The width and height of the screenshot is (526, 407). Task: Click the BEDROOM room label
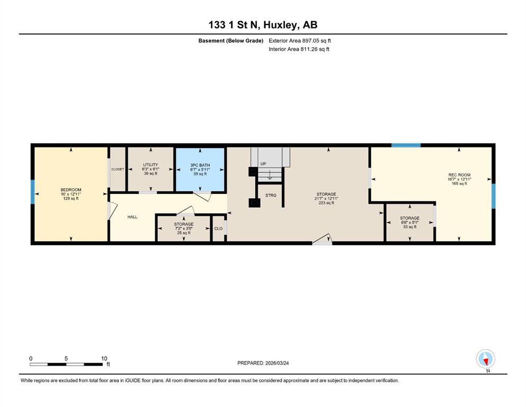(71, 190)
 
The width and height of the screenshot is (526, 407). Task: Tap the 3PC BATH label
(200, 165)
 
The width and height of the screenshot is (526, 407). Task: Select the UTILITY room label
(150, 165)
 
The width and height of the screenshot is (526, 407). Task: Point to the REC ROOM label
(459, 175)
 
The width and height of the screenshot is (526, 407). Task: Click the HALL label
(132, 217)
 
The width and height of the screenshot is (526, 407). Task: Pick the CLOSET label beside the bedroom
(118, 169)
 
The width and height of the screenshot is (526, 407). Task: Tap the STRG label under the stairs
(271, 195)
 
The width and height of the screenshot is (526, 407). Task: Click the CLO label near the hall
(218, 228)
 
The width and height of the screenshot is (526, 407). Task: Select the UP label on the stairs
(263, 164)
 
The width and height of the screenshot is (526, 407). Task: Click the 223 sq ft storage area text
(326, 202)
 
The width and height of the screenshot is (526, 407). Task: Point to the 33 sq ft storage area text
(409, 227)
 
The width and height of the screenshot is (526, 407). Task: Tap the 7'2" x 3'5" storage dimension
(184, 228)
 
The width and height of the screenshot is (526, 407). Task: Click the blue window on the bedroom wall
(32, 192)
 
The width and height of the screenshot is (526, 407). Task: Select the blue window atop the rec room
(406, 145)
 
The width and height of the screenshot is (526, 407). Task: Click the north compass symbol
(485, 359)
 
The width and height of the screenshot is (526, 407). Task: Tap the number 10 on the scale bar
(104, 358)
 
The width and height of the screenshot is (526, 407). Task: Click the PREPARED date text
(263, 363)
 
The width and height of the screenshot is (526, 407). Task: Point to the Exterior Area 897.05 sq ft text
(300, 41)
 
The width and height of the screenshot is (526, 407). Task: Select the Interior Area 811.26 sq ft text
(299, 49)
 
